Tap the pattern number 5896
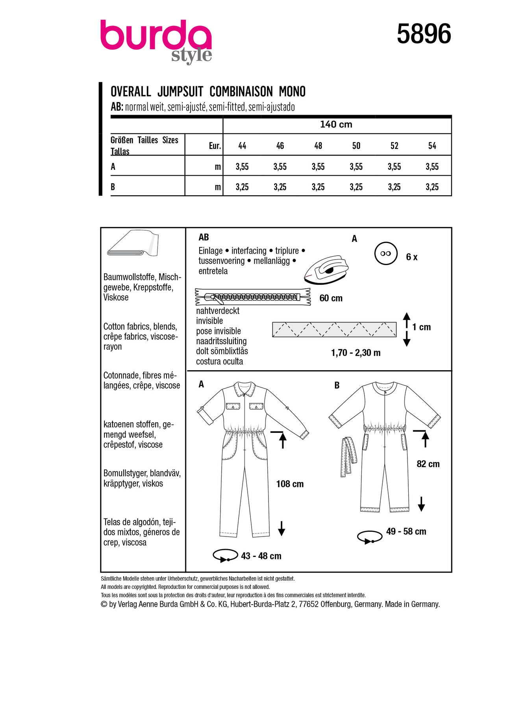pyautogui.click(x=424, y=34)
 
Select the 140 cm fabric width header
pyautogui.click(x=336, y=124)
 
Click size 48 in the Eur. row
pyautogui.click(x=318, y=146)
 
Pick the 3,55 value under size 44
pyautogui.click(x=242, y=167)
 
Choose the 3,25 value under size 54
pyautogui.click(x=432, y=187)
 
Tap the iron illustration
pyautogui.click(x=326, y=269)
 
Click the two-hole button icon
pyautogui.click(x=385, y=254)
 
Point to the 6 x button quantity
pyautogui.click(x=411, y=257)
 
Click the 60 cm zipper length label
pyautogui.click(x=331, y=298)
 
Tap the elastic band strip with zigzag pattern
pyautogui.click(x=334, y=329)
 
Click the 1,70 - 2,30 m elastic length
pyautogui.click(x=356, y=353)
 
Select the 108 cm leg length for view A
pyautogui.click(x=290, y=484)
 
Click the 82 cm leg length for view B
pyautogui.click(x=428, y=464)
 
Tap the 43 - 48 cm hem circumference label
pyautogui.click(x=261, y=556)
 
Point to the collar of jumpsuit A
pyautogui.click(x=244, y=388)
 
